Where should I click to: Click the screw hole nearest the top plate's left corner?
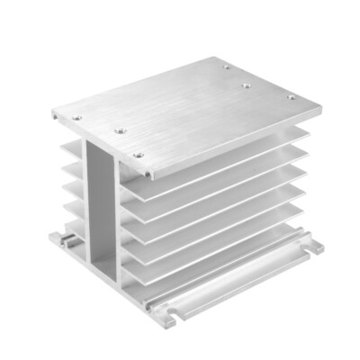77,117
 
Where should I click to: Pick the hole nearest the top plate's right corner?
290,97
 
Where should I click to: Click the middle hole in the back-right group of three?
245,86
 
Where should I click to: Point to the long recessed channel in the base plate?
234,288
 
